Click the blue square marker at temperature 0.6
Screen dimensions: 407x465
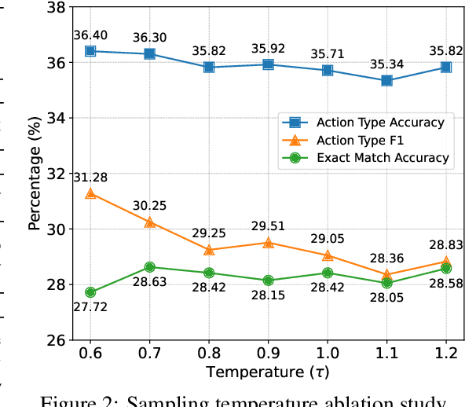pos(90,50)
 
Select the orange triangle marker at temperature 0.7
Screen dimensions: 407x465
pos(149,222)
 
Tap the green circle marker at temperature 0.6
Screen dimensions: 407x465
pos(90,292)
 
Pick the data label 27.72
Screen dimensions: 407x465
pos(90,309)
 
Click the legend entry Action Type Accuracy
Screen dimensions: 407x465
pos(380,122)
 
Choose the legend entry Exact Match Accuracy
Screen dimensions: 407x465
pos(383,158)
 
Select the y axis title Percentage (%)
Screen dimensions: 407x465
pos(35,173)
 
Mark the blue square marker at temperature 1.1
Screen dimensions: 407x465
pos(386,80)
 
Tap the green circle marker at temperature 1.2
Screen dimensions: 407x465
pos(446,269)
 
